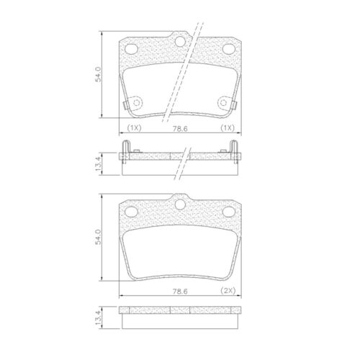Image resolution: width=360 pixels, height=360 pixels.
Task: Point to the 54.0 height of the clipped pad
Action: coord(99,75)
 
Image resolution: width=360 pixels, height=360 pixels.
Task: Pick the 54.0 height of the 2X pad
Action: coord(99,238)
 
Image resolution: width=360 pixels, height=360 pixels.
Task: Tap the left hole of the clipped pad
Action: coord(132,49)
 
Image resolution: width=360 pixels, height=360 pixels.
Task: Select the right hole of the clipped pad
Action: coord(228,49)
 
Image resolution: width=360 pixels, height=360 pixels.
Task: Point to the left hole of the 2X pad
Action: coord(132,212)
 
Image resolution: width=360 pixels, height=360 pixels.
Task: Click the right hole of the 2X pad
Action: coord(228,212)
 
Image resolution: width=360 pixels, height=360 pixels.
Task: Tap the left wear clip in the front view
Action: coord(127,105)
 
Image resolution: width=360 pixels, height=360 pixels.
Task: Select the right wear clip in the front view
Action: coord(233,105)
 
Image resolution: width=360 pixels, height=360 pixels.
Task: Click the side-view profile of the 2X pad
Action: coord(179,311)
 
